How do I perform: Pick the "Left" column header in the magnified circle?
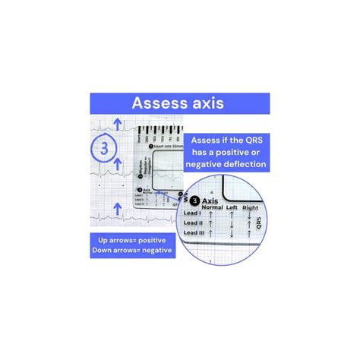click(x=229, y=207)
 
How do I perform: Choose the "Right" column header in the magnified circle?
click(x=251, y=207)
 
